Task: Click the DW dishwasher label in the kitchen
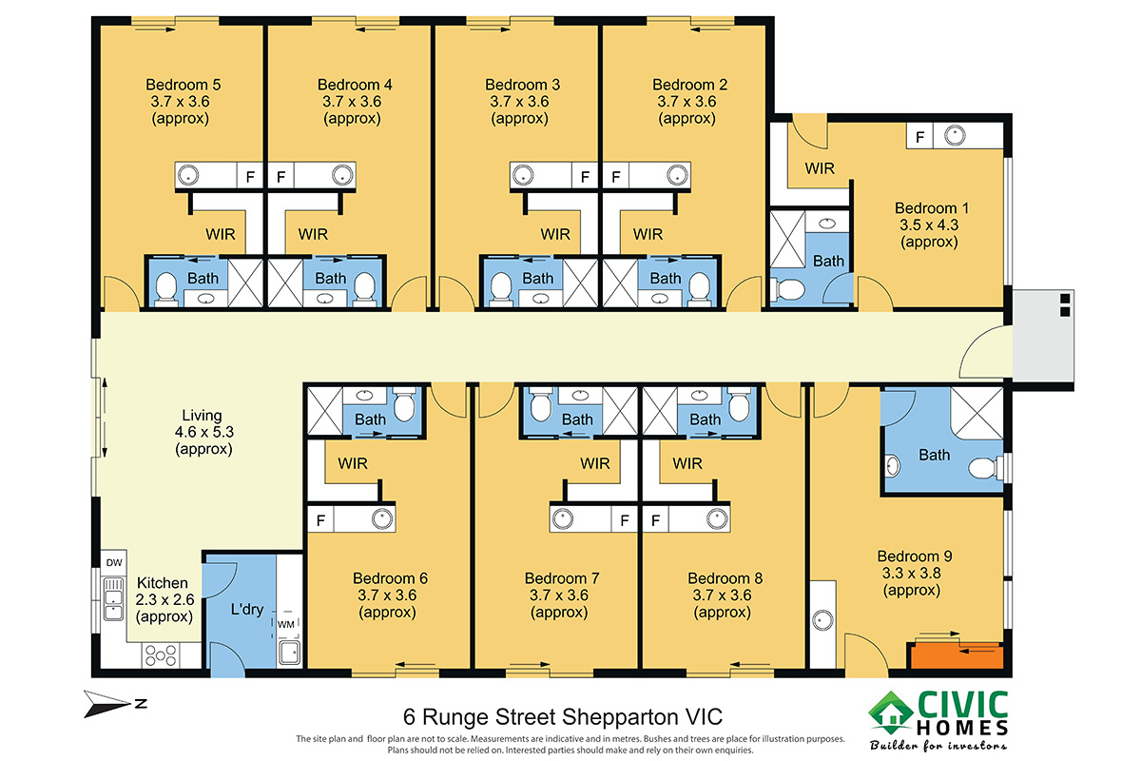pos(114,562)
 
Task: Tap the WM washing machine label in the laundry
pos(286,624)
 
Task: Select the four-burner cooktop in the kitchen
pos(161,655)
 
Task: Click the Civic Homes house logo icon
pos(891,713)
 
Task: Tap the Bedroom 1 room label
pos(932,208)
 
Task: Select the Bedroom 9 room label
pos(915,556)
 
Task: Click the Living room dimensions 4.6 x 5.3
pos(203,432)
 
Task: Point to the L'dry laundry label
pos(247,609)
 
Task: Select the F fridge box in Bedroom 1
pos(919,137)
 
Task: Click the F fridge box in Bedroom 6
pos(320,520)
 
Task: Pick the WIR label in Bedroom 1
pos(820,168)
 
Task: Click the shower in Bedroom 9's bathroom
pos(977,413)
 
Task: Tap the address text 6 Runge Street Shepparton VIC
pos(562,716)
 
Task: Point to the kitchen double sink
pos(113,598)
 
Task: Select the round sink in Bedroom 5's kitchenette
pos(188,175)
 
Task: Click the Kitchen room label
pos(163,582)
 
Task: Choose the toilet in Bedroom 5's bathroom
pos(166,288)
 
